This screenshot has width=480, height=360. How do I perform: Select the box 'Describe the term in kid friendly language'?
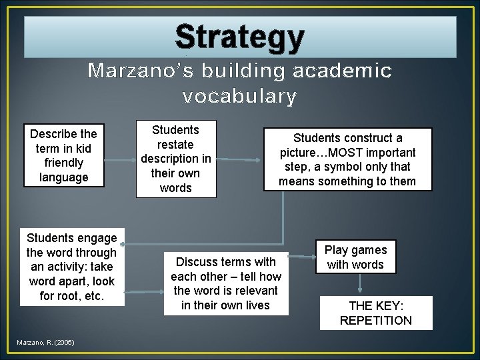[x=63, y=155]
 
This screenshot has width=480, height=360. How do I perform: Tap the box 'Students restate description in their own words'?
[x=176, y=159]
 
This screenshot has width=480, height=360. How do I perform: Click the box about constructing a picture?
[x=347, y=159]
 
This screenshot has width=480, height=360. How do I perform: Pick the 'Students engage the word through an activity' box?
[x=72, y=267]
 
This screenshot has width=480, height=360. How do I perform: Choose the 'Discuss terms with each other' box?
[x=226, y=283]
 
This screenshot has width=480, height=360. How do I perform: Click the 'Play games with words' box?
[x=355, y=257]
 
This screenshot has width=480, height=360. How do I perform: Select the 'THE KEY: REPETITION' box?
[x=376, y=313]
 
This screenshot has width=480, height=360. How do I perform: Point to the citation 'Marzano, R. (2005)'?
[x=46, y=343]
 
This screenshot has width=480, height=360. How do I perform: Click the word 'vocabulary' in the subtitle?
[x=239, y=97]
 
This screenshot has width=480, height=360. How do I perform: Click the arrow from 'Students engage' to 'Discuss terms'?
[x=144, y=291]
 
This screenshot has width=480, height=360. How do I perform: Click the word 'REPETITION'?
[x=376, y=321]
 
